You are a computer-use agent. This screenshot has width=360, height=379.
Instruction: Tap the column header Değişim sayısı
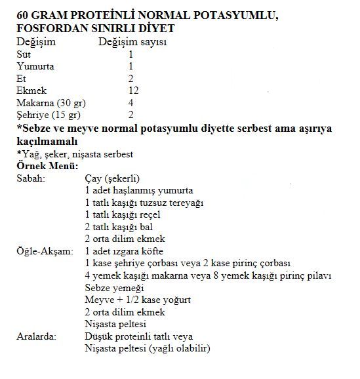(x=131, y=42)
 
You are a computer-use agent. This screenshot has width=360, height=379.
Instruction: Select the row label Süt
(x=23, y=54)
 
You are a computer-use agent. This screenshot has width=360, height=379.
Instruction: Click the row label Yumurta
(x=35, y=66)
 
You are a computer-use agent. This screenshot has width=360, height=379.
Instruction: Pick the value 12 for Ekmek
(x=133, y=90)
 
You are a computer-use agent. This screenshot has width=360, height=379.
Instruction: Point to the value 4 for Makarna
(x=131, y=102)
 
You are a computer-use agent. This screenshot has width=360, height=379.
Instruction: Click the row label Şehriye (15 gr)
(x=45, y=114)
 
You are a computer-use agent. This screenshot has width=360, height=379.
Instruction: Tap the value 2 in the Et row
(x=131, y=78)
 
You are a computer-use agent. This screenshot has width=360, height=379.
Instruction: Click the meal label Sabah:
(x=30, y=178)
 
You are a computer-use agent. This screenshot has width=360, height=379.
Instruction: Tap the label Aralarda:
(x=36, y=336)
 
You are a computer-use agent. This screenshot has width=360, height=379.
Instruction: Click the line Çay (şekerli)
(x=112, y=178)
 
